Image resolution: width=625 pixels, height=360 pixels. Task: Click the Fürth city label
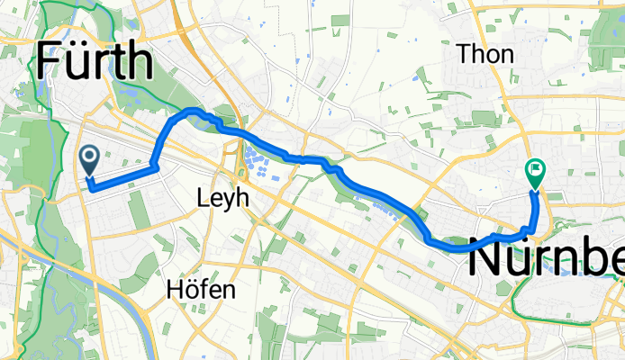(x=94, y=61)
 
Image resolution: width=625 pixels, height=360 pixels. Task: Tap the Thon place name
(x=485, y=55)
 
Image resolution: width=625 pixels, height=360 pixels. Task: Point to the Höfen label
(x=202, y=265)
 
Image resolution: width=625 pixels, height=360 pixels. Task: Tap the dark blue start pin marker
(x=90, y=162)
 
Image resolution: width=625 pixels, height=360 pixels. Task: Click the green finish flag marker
(x=535, y=171)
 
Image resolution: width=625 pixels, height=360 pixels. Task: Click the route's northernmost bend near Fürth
(x=191, y=111)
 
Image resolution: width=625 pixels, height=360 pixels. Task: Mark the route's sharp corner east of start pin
(x=157, y=166)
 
